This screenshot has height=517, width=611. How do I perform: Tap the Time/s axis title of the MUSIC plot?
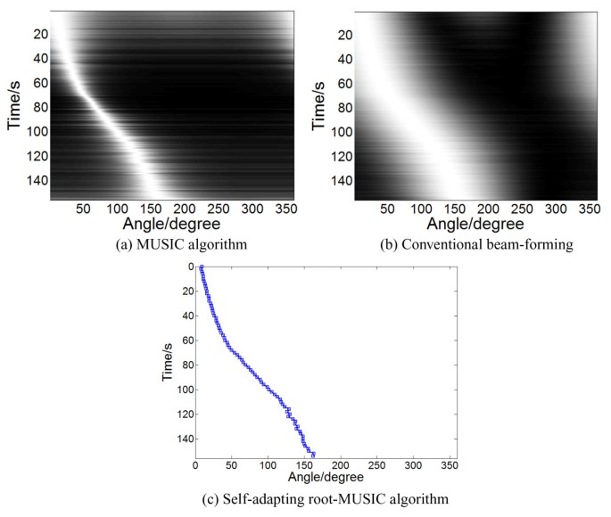click(x=14, y=104)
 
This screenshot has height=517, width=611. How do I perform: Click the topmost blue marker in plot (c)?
click(x=202, y=267)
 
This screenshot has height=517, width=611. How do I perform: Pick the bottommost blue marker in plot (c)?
click(x=313, y=455)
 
